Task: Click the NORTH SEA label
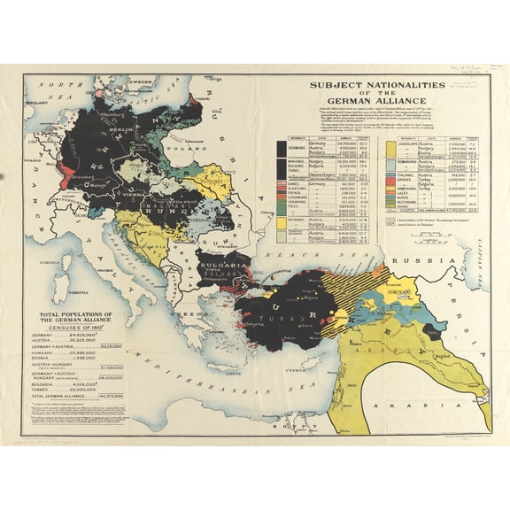pos(53,99)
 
